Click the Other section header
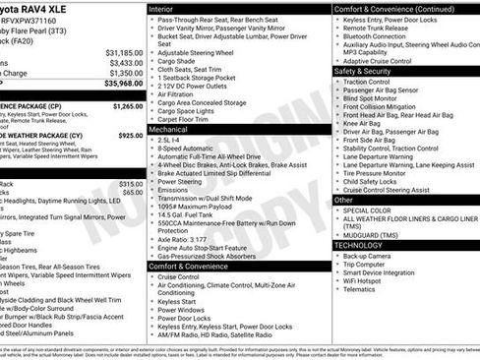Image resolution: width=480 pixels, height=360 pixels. coord(343,199)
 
